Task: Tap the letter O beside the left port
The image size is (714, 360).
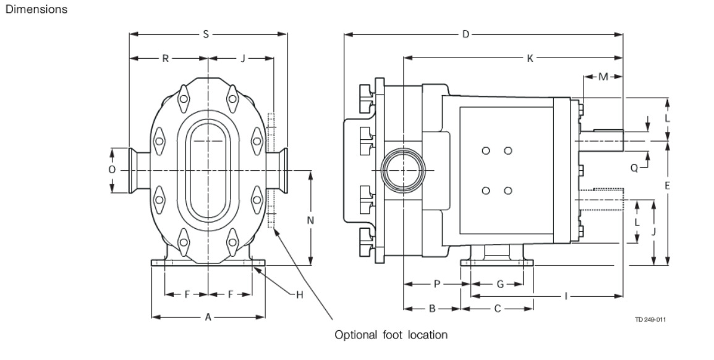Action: [112, 169]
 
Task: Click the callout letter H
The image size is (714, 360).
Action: [299, 294]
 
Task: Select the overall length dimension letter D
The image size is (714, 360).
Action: [465, 35]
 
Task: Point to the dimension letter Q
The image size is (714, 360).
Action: [634, 167]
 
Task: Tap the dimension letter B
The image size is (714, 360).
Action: [433, 307]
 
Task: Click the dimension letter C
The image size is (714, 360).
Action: [496, 307]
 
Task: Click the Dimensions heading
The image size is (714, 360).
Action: [36, 10]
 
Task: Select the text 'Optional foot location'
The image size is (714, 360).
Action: [390, 335]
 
